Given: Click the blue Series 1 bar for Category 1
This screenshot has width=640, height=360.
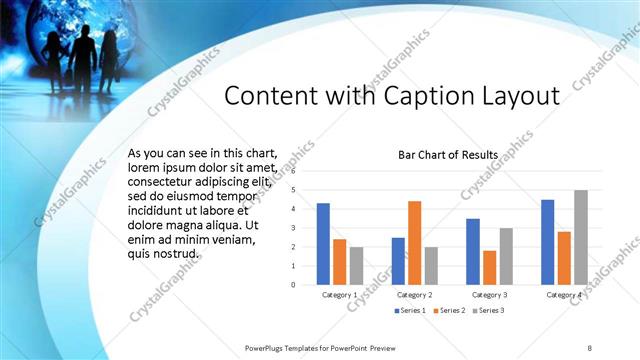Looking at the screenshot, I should click(323, 244).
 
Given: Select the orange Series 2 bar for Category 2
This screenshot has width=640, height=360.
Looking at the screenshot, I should click(414, 243).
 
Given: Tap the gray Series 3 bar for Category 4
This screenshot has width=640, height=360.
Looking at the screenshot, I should click(581, 237).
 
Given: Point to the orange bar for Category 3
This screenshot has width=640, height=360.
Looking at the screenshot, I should click(489, 267).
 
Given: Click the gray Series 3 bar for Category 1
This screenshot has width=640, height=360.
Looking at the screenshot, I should click(356, 265).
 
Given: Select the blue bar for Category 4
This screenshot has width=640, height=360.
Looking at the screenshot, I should click(548, 242).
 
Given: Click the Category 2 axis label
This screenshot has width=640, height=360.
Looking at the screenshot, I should click(414, 295).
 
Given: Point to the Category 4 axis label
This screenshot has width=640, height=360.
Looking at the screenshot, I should click(564, 295).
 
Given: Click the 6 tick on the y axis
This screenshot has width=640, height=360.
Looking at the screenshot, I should click(293, 171).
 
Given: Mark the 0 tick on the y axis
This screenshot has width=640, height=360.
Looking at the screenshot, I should click(293, 284).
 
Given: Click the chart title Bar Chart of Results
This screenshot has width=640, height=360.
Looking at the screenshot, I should click(441, 155).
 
